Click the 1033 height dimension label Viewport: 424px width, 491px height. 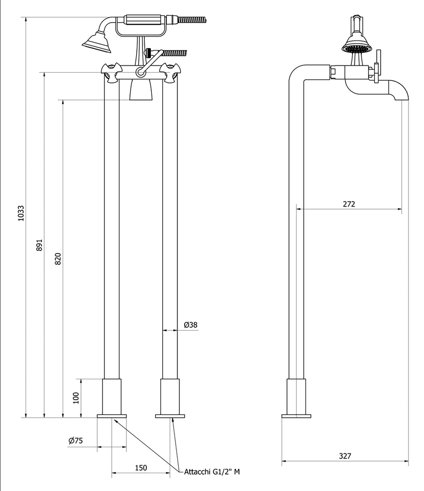point(21,213)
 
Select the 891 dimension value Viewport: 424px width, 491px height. point(40,244)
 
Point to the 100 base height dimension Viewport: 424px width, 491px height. point(76,398)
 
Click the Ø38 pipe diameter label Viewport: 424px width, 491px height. point(191,325)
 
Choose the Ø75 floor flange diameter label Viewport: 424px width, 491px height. point(76,440)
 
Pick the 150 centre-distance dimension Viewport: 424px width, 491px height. point(141,468)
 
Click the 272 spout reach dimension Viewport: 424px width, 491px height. point(349,204)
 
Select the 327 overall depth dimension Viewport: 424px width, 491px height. point(345,456)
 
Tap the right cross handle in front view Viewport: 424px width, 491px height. point(169,73)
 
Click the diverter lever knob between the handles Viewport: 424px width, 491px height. point(140,72)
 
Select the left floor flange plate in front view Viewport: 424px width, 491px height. point(112,416)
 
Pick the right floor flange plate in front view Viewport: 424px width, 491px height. point(170,416)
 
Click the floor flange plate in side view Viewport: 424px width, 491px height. point(296,416)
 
